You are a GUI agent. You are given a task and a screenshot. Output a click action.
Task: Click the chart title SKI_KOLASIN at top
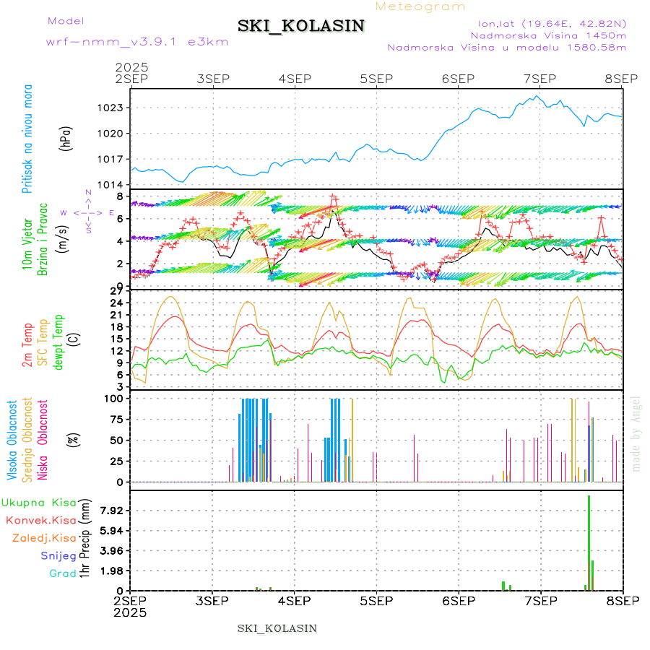(x=301, y=26)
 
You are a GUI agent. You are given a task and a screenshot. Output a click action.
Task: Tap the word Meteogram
(x=420, y=6)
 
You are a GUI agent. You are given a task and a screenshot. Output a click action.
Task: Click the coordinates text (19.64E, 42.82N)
(x=547, y=23)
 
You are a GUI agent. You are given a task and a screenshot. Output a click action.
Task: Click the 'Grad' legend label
(x=63, y=573)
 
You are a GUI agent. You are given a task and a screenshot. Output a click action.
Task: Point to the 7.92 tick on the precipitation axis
(x=112, y=511)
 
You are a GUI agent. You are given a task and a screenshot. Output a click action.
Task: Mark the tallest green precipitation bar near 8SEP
(x=589, y=542)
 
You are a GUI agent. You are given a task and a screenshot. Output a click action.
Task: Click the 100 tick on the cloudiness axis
(x=115, y=398)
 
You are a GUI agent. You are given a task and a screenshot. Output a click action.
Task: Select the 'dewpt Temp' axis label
(x=58, y=341)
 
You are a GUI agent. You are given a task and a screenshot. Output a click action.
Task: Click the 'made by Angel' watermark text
(x=636, y=433)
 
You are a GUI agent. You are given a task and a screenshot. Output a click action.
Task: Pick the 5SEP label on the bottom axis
(x=376, y=601)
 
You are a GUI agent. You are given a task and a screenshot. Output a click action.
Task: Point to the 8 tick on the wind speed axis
(x=122, y=196)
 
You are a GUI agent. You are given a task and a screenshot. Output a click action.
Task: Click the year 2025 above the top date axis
(x=131, y=67)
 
